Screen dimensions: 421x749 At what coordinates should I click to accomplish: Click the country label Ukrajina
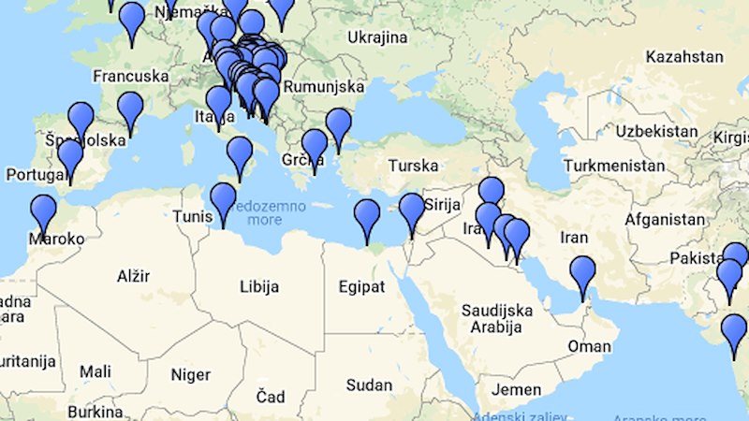point(377,37)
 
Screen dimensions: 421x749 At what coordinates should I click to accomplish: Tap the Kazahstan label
point(686,56)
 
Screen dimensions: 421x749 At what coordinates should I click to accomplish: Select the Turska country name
point(413,166)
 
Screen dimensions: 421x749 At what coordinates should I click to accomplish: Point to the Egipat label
point(360,286)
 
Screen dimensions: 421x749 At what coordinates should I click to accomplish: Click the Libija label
point(259,286)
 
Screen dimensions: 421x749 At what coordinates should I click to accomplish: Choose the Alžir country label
point(132,277)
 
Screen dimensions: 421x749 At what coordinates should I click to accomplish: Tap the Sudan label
point(369,385)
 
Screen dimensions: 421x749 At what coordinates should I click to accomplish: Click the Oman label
point(590,346)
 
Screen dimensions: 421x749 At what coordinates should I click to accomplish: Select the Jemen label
point(516,389)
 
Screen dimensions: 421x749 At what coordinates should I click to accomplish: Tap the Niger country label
point(191,374)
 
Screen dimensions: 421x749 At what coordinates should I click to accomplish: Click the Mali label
point(95,371)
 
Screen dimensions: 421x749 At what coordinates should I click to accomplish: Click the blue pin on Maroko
point(43,212)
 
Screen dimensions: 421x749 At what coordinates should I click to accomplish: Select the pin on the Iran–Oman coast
point(582,275)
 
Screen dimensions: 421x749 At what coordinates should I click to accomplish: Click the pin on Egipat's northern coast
point(367,218)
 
